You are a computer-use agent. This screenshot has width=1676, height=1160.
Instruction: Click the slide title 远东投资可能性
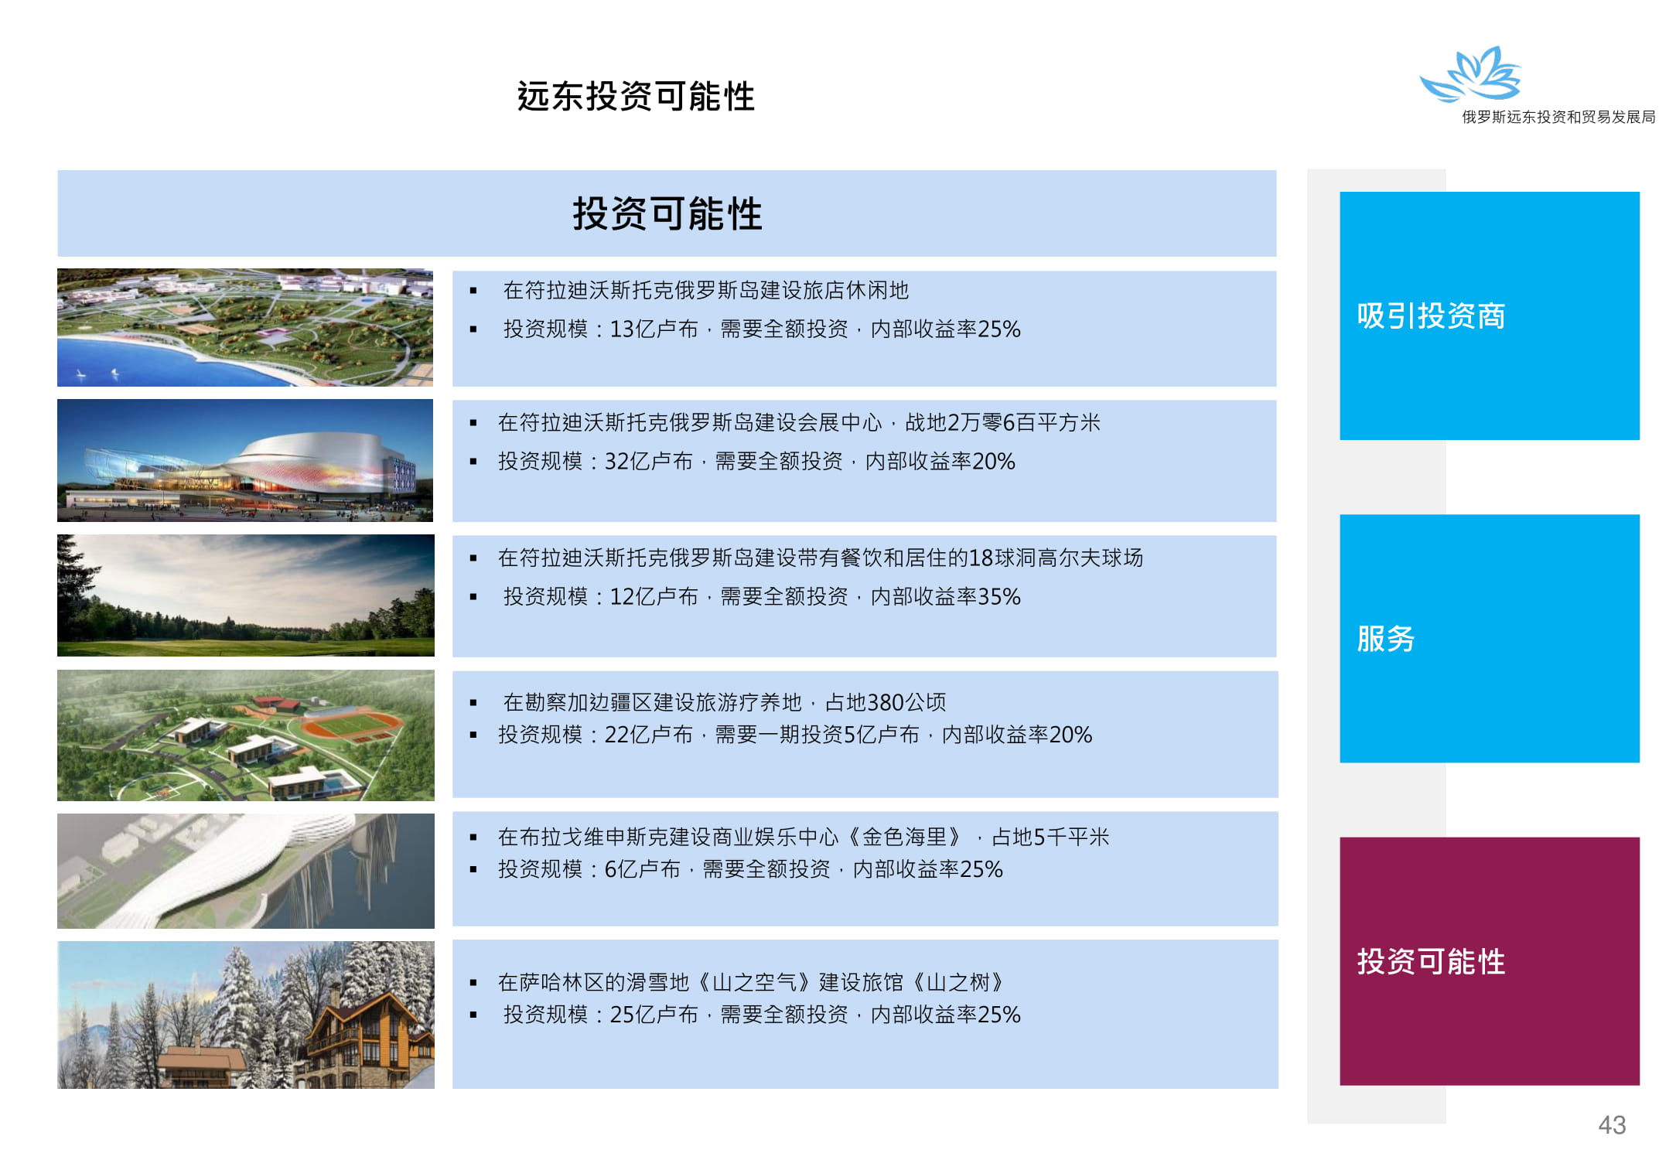[636, 97]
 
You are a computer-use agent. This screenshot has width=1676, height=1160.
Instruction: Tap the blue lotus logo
[1471, 74]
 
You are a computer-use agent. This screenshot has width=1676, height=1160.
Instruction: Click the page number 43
[1612, 1124]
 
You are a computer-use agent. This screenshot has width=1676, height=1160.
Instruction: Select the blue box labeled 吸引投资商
[1489, 316]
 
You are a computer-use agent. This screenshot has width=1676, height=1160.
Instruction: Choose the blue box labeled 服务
[1489, 638]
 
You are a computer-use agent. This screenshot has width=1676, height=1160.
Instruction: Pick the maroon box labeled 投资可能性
[1489, 960]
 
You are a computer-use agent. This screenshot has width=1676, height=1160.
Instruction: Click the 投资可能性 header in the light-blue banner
[667, 213]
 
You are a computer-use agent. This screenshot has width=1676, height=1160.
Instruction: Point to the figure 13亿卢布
[654, 329]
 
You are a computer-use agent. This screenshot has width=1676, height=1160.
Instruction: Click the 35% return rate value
[999, 597]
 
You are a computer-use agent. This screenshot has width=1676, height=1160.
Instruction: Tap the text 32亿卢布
[648, 462]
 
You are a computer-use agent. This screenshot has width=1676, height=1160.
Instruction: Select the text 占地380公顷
[886, 702]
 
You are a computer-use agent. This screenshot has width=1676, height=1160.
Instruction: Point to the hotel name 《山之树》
[959, 982]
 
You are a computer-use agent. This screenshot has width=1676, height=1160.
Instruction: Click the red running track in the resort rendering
[352, 725]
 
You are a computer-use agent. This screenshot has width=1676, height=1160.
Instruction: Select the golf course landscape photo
[246, 595]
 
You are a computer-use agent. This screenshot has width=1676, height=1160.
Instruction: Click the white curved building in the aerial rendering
[232, 870]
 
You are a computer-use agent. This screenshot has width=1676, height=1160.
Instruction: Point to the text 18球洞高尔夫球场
[1056, 558]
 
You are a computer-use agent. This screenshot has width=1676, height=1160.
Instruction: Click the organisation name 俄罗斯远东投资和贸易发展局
[1558, 117]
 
